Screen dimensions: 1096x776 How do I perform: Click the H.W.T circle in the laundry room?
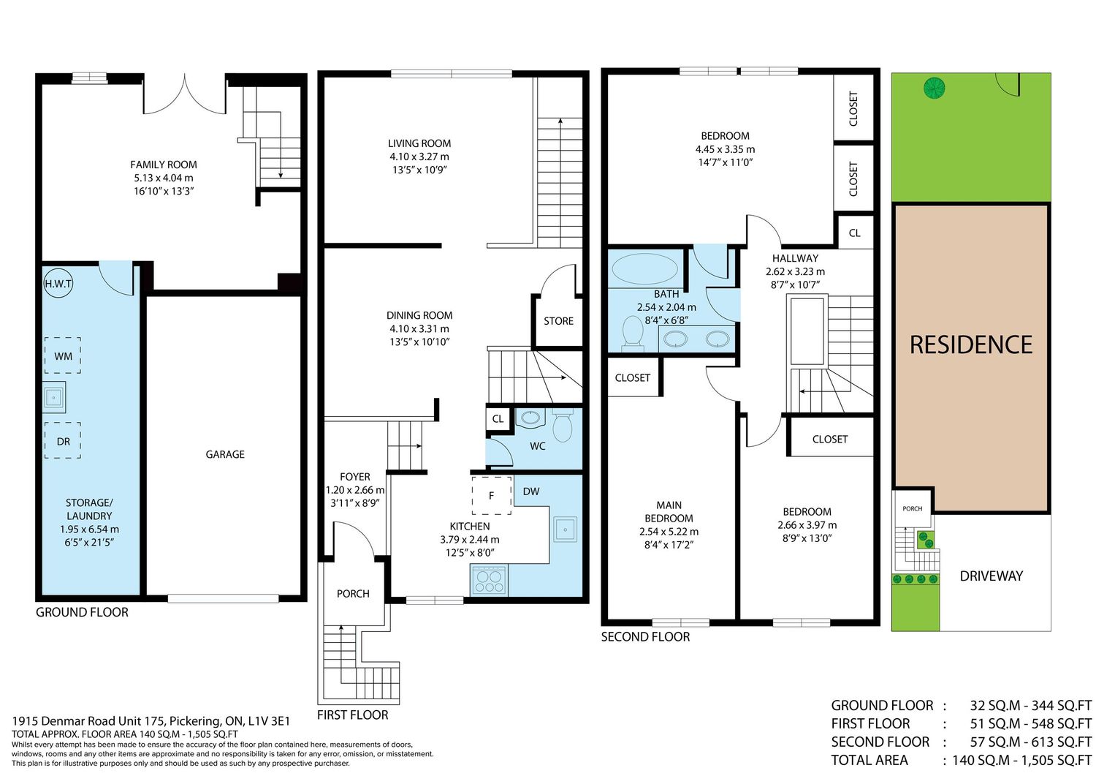pyautogui.click(x=58, y=284)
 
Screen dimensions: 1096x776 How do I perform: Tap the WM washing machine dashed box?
pyautogui.click(x=63, y=355)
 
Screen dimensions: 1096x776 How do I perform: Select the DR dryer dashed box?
pyautogui.click(x=63, y=440)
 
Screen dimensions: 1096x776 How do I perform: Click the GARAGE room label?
pyautogui.click(x=225, y=454)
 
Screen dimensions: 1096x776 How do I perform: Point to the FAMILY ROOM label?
pyautogui.click(x=164, y=165)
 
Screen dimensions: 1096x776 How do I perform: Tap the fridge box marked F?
pyautogui.click(x=492, y=495)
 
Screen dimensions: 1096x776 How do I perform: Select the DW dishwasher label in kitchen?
pyautogui.click(x=531, y=491)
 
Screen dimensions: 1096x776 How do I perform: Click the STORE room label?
pyautogui.click(x=558, y=321)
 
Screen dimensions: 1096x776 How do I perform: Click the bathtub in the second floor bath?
pyautogui.click(x=645, y=268)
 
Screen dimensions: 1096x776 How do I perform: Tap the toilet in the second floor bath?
pyautogui.click(x=633, y=334)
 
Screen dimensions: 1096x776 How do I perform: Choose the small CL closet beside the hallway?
pyautogui.click(x=855, y=233)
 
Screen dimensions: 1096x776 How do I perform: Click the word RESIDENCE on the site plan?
pyautogui.click(x=971, y=344)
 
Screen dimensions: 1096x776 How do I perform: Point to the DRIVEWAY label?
pyautogui.click(x=992, y=576)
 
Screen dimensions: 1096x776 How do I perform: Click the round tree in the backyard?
pyautogui.click(x=934, y=88)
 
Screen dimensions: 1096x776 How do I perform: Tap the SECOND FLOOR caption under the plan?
pyautogui.click(x=645, y=637)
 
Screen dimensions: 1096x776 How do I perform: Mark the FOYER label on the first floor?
pyautogui.click(x=354, y=477)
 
